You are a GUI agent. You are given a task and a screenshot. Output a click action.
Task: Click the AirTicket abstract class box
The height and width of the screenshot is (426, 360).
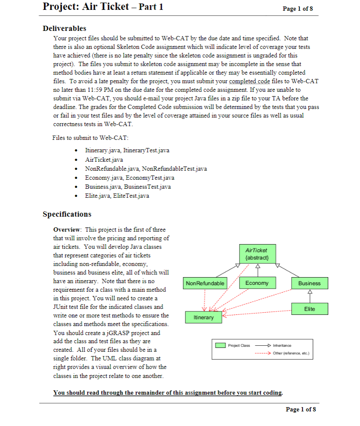(x=256, y=254)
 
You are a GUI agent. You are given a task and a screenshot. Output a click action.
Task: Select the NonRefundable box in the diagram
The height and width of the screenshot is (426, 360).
(x=205, y=283)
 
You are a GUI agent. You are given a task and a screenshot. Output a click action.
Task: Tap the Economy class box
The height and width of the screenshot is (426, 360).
(x=257, y=283)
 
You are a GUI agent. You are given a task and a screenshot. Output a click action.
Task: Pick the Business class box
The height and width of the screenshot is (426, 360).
(x=309, y=283)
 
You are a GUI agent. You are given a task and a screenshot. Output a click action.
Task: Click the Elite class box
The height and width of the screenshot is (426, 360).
(x=309, y=308)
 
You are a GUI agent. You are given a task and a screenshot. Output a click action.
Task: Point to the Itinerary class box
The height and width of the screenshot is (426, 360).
(x=203, y=317)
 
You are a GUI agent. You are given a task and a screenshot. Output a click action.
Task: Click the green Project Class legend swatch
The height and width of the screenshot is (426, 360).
(x=221, y=345)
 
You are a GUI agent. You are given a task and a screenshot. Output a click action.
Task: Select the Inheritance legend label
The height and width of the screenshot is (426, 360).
(x=281, y=345)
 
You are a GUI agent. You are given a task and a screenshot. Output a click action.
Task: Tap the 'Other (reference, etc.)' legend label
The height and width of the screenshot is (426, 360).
(x=291, y=354)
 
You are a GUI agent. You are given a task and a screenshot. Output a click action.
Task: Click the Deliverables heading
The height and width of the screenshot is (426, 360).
(x=64, y=28)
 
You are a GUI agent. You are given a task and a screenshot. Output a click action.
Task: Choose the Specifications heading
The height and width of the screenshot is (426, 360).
(x=67, y=214)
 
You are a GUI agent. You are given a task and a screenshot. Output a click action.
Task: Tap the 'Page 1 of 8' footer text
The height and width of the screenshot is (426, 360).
(x=300, y=409)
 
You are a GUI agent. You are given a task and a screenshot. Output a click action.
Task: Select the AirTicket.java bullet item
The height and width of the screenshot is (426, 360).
(x=104, y=160)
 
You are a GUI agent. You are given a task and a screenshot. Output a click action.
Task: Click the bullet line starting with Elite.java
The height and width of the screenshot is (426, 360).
(x=117, y=196)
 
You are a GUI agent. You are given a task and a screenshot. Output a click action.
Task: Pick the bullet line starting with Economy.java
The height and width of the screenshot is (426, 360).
(x=130, y=178)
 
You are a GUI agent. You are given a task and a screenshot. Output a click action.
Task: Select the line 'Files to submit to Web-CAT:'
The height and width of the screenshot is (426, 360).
(x=90, y=138)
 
